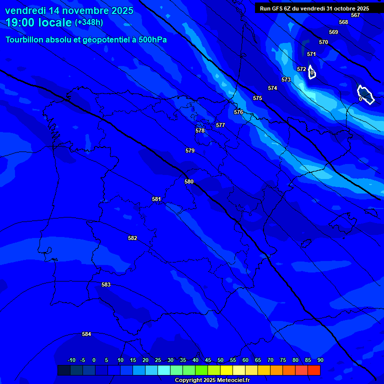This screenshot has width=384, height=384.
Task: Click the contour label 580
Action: (x=189, y=181)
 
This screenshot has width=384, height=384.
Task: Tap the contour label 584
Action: (x=86, y=334)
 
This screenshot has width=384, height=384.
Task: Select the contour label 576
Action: (x=238, y=112)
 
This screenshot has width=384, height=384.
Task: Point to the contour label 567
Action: (x=355, y=15)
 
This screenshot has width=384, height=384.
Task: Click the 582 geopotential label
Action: (x=132, y=238)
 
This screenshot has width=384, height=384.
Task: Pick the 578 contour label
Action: (x=200, y=130)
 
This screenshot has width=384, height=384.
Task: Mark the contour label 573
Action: (x=286, y=79)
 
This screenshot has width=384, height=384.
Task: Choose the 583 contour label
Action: (x=106, y=284)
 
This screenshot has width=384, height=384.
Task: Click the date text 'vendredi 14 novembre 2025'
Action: (x=69, y=10)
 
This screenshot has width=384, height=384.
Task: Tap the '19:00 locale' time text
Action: (x=38, y=22)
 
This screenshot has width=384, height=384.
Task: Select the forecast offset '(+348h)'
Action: (x=89, y=22)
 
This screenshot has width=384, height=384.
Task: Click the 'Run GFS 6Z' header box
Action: (x=314, y=8)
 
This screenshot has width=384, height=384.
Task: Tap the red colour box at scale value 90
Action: (x=314, y=370)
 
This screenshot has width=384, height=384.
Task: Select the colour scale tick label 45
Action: (x=207, y=360)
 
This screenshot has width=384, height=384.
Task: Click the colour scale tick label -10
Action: (x=71, y=360)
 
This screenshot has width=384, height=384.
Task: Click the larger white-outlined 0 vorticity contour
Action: (x=365, y=94)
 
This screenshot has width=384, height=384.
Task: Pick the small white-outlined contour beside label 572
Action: (x=311, y=72)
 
